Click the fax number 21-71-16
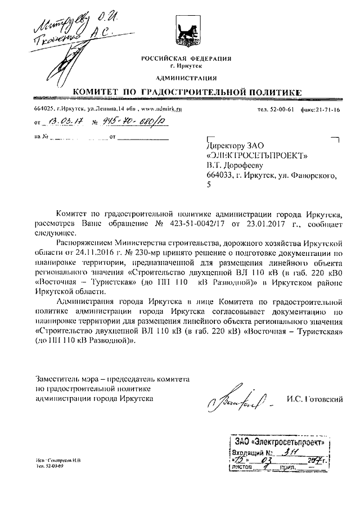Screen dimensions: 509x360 click(329, 110)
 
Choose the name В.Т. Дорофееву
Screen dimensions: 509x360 click(237, 166)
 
